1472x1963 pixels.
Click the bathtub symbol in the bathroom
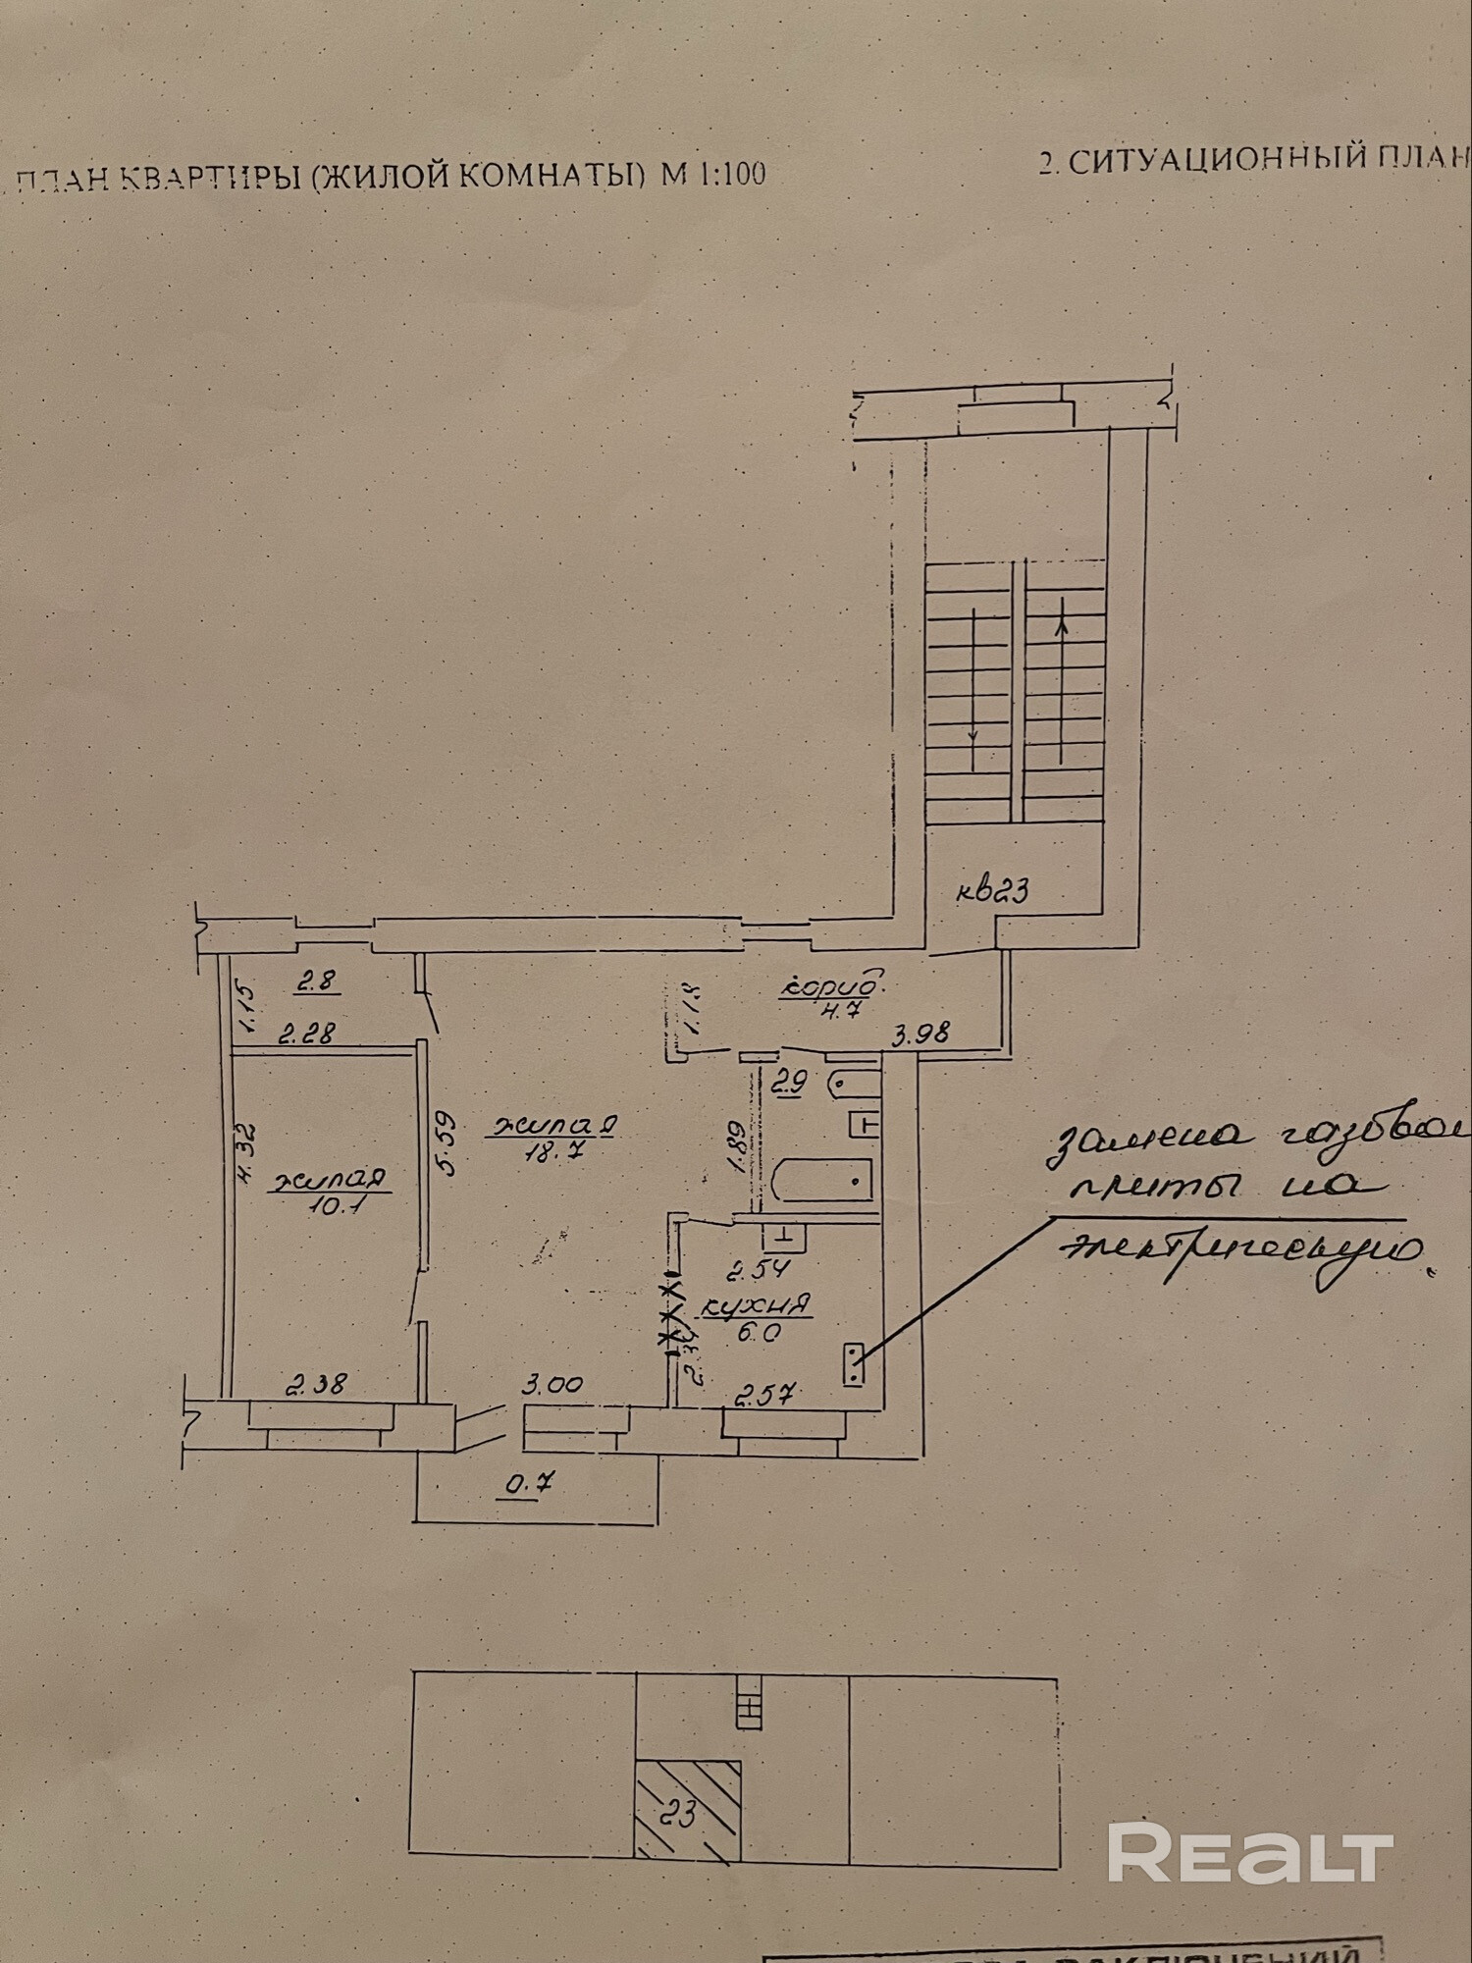click(823, 1179)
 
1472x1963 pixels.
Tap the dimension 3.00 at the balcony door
click(552, 1386)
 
